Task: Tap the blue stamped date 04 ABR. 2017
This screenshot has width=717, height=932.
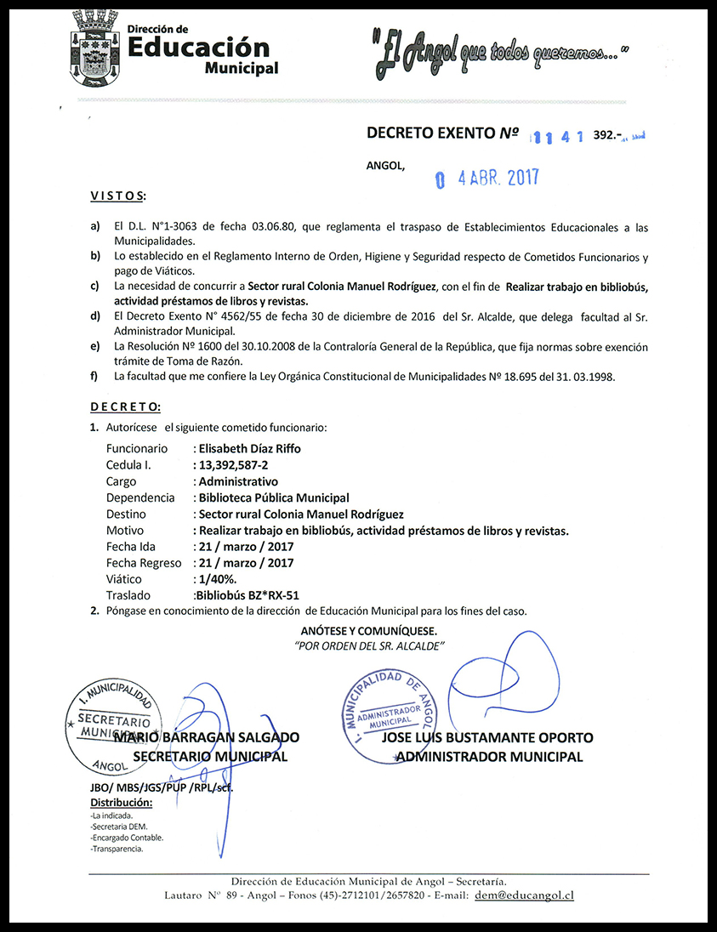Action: [x=487, y=179]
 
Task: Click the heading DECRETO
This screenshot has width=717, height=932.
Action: [x=125, y=407]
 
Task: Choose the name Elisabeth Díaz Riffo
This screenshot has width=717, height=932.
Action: [x=249, y=448]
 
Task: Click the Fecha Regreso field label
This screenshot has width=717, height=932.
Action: [x=144, y=563]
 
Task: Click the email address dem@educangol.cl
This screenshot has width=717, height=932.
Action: [x=524, y=895]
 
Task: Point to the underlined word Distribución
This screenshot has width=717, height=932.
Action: [x=121, y=803]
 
